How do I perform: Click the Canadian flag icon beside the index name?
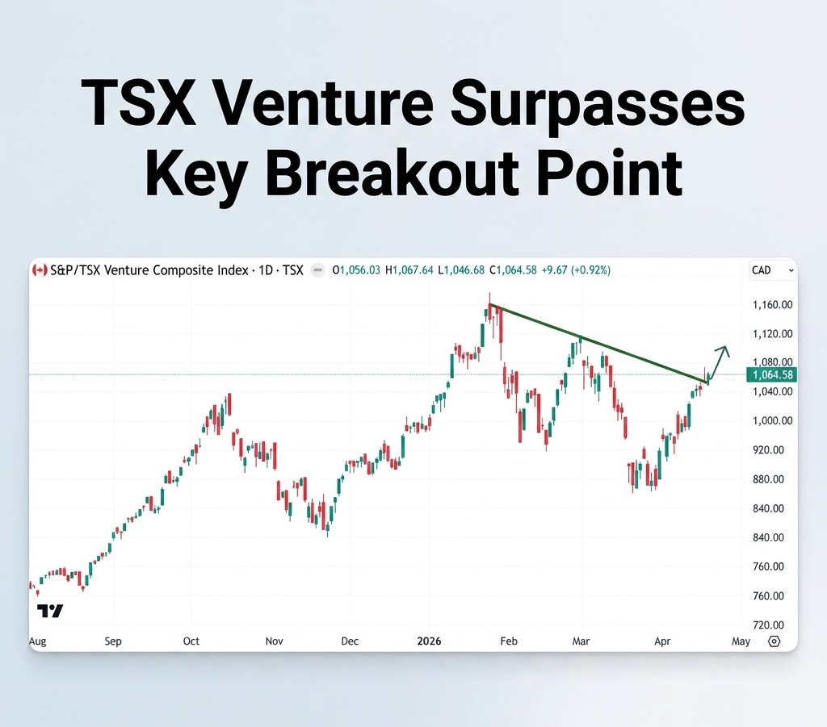pyautogui.click(x=39, y=270)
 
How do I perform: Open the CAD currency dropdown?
pyautogui.click(x=772, y=270)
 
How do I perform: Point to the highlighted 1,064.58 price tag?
pyautogui.click(x=772, y=374)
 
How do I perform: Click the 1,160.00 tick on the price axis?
pyautogui.click(x=772, y=304)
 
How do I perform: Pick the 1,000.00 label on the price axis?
pyautogui.click(x=772, y=420)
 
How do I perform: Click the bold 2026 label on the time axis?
pyautogui.click(x=429, y=641)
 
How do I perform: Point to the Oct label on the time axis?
pyautogui.click(x=191, y=641)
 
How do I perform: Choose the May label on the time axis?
pyautogui.click(x=741, y=641)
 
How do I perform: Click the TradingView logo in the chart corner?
pyautogui.click(x=50, y=611)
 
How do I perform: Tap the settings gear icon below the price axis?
pyautogui.click(x=775, y=641)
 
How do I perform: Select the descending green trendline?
pyautogui.click(x=598, y=342)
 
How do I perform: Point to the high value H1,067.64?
pyautogui.click(x=409, y=270)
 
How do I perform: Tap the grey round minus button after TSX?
pyautogui.click(x=317, y=270)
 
